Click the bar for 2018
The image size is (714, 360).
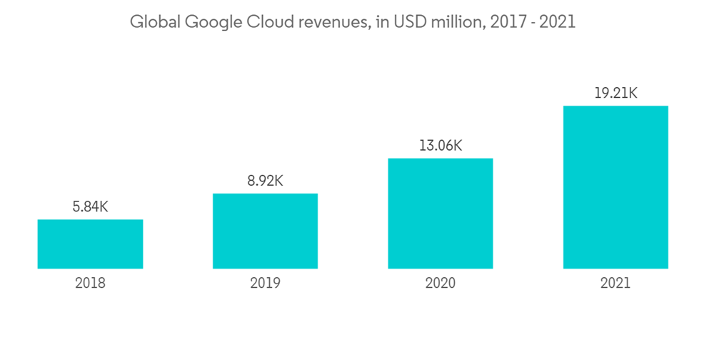[x=90, y=244]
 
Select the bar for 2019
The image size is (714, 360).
[x=265, y=231]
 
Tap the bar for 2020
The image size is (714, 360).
[x=441, y=213]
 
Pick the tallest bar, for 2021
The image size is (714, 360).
[x=615, y=187]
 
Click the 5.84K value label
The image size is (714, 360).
[x=90, y=207]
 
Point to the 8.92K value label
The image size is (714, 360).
[x=265, y=181]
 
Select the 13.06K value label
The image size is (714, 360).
[x=441, y=146]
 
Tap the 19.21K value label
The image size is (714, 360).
[x=615, y=93]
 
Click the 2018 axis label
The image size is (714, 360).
[x=90, y=283]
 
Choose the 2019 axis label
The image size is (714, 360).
[x=265, y=283]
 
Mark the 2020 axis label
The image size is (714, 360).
[x=441, y=283]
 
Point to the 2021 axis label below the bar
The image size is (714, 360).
[x=615, y=283]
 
